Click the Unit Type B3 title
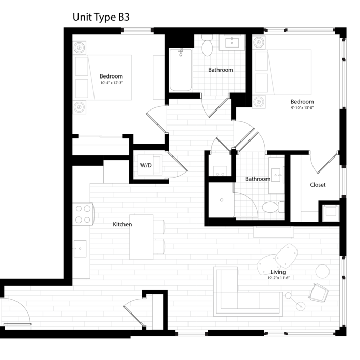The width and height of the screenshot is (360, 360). pos(101,17)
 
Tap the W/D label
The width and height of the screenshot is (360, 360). pos(146,165)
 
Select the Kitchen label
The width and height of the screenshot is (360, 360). pos(122,224)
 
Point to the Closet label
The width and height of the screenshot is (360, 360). pos(318,185)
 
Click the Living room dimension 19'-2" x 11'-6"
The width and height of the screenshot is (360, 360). pos(278,278)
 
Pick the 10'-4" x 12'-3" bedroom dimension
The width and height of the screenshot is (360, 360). pos(112,83)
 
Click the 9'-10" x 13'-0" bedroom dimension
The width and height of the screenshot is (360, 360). pos(302,108)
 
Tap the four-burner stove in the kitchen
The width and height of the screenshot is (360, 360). pos(83,214)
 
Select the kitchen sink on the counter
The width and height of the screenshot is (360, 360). pos(80,248)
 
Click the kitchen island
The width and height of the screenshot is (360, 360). pos(141,237)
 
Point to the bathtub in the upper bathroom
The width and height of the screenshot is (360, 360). pos(181,70)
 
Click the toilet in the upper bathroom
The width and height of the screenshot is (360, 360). pos(207,45)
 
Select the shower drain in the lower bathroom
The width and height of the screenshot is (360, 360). pos(222,200)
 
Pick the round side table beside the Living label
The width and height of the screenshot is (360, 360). pos(322,271)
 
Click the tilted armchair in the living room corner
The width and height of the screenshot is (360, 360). pos(318,293)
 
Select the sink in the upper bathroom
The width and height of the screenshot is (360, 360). pos(232,43)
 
